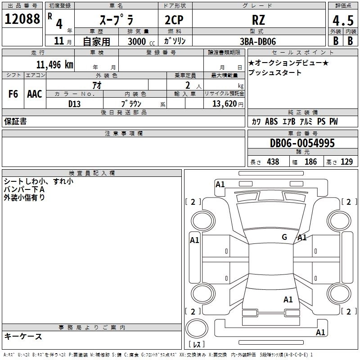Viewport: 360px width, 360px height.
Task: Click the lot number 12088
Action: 22,19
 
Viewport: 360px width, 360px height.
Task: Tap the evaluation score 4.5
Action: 342,21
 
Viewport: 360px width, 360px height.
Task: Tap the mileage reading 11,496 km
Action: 54,64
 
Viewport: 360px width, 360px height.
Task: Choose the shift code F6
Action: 13,94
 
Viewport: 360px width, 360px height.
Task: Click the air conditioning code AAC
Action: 34,94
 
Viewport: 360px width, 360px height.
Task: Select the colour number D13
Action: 74,104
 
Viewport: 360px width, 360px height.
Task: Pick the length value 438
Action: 272,162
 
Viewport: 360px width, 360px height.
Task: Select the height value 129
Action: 347,162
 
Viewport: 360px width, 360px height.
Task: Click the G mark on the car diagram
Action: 284,237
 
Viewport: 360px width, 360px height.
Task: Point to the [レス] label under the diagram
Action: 197,345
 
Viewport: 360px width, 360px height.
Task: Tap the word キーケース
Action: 23,336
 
